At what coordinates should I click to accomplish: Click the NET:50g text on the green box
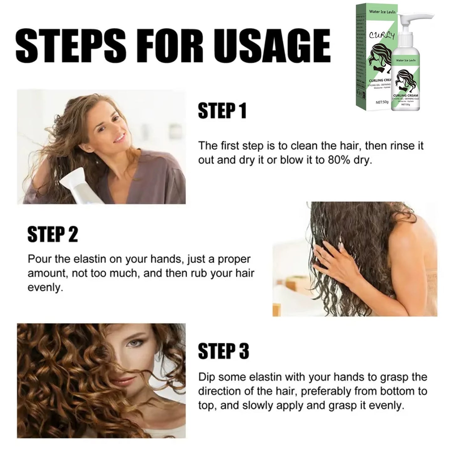point(382,103)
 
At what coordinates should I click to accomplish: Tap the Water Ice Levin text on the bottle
point(405,60)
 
